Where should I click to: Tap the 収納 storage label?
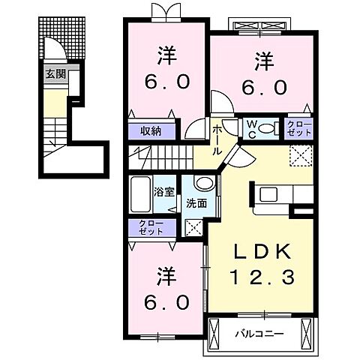[x=151, y=129]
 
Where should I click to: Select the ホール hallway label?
[x=217, y=139]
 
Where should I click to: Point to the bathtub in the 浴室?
[x=140, y=196]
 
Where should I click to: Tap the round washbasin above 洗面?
[x=202, y=184]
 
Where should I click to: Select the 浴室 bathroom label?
[x=165, y=191]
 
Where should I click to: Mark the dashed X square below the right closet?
[x=300, y=156]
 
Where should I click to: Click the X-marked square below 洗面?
[x=193, y=227]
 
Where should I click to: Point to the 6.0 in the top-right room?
[x=264, y=87]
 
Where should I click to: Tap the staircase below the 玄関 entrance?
[x=55, y=135]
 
